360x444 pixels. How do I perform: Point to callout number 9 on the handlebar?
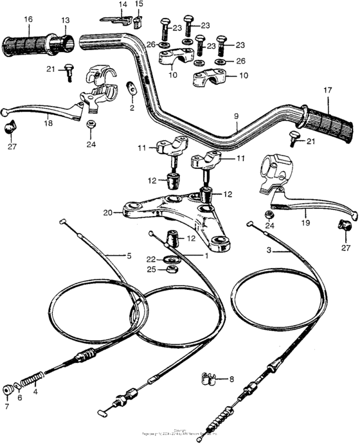(237, 116)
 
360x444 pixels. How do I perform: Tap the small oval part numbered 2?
(131, 89)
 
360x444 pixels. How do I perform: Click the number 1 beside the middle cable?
(206, 256)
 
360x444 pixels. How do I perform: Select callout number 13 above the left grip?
(65, 21)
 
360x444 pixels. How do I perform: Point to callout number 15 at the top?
(139, 4)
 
